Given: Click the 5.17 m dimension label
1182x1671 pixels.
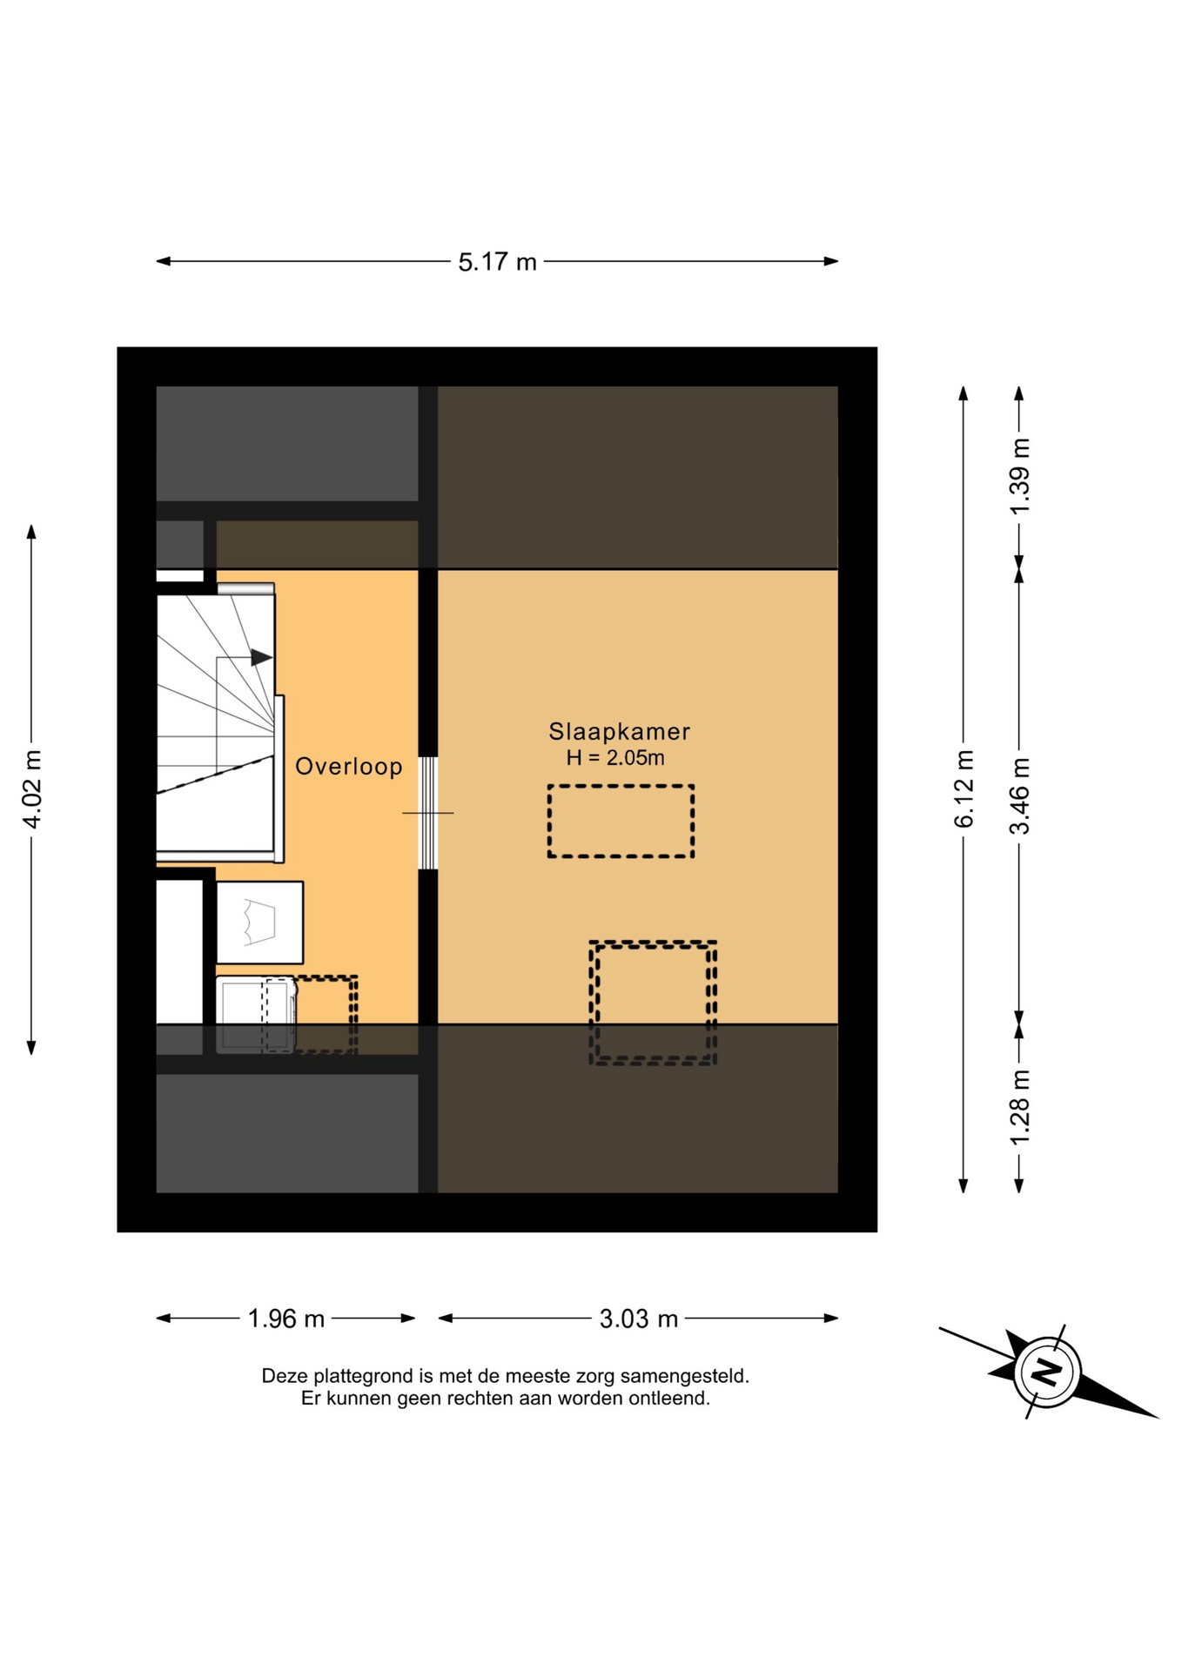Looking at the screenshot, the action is (x=497, y=262).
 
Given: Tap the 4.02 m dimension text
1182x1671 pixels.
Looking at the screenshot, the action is (x=31, y=789).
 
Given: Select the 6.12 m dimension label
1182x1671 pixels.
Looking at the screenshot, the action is (x=964, y=789).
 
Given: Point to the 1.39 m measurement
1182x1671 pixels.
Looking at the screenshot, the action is (x=1019, y=476).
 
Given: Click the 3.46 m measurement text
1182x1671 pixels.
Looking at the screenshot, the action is (x=1019, y=795).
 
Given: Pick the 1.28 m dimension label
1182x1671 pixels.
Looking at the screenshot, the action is (x=1019, y=1107).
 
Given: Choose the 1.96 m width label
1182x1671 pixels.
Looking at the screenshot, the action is (x=286, y=1319).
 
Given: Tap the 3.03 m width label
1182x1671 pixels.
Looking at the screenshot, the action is (x=639, y=1319).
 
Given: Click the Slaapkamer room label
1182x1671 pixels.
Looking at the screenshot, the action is (x=619, y=732).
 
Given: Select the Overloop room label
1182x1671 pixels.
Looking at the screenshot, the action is (x=349, y=766).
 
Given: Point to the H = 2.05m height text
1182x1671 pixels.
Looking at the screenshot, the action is (x=615, y=758).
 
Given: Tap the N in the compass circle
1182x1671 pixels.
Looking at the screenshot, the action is (x=1047, y=1372).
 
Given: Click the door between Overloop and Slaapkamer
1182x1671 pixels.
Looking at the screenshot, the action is (x=427, y=813).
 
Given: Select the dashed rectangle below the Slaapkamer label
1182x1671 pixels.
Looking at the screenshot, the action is (x=621, y=821).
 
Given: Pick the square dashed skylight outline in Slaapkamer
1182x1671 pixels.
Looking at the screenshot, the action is (x=653, y=1003).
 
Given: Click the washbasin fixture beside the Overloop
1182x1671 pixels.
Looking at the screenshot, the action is (x=259, y=923).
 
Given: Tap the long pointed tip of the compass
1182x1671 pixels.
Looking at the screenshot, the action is (x=1158, y=1417).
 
